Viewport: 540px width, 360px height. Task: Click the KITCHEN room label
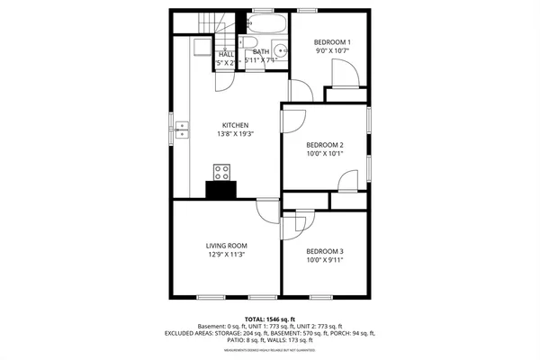tap(236, 125)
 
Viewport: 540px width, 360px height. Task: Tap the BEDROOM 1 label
tap(332, 42)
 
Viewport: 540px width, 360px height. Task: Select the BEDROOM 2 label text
tap(325, 145)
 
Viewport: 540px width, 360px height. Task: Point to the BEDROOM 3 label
tap(325, 251)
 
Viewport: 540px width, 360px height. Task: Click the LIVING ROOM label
tap(226, 246)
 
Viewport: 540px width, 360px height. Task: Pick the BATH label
tap(261, 52)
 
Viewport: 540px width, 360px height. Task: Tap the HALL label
tap(227, 54)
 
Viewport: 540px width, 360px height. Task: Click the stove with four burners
tap(221, 172)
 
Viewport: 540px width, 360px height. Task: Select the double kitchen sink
tap(183, 130)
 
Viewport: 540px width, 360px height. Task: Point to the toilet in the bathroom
tap(251, 45)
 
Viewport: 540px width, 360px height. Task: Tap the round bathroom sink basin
tap(279, 50)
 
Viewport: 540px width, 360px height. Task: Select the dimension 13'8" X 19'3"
tap(236, 134)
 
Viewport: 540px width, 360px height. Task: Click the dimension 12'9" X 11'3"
tap(226, 255)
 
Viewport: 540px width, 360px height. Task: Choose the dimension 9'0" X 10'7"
tap(332, 51)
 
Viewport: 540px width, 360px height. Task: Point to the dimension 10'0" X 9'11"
tap(325, 260)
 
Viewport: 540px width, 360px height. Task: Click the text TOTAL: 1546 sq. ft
tap(269, 319)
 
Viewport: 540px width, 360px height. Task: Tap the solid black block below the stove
tap(221, 189)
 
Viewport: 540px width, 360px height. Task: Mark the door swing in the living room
tap(267, 211)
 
